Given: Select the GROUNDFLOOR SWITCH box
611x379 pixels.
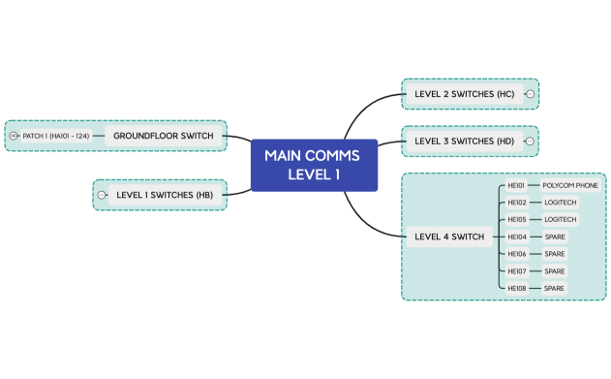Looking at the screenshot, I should (163, 136).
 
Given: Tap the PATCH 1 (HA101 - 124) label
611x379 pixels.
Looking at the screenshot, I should (56, 136).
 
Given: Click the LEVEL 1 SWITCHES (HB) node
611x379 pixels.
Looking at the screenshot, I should (164, 195).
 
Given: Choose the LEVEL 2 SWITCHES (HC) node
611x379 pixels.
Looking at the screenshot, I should (464, 94).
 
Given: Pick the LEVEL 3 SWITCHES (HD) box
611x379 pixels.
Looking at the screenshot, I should (464, 142).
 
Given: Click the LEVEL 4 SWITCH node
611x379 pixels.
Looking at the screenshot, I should (448, 237).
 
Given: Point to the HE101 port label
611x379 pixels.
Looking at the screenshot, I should (516, 185).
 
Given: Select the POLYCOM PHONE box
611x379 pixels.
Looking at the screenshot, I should (570, 185).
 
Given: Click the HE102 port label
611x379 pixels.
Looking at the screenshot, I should (516, 203).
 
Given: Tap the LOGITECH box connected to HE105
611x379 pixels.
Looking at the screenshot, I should (560, 219).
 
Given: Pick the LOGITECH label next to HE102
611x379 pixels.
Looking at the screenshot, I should (560, 203).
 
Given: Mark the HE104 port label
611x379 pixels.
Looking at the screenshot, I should (516, 237).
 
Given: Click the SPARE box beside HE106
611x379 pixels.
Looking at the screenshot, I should (554, 254).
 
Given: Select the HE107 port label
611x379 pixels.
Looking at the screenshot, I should (516, 271).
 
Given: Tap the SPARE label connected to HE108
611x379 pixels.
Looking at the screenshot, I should (554, 288).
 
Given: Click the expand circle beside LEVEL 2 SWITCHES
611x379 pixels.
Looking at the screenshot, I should (530, 94).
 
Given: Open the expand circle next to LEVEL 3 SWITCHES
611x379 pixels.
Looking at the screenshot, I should (530, 142).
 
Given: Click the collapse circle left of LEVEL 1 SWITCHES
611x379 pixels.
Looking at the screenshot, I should (102, 195).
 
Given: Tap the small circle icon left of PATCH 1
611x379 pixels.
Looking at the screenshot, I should (14, 136).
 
